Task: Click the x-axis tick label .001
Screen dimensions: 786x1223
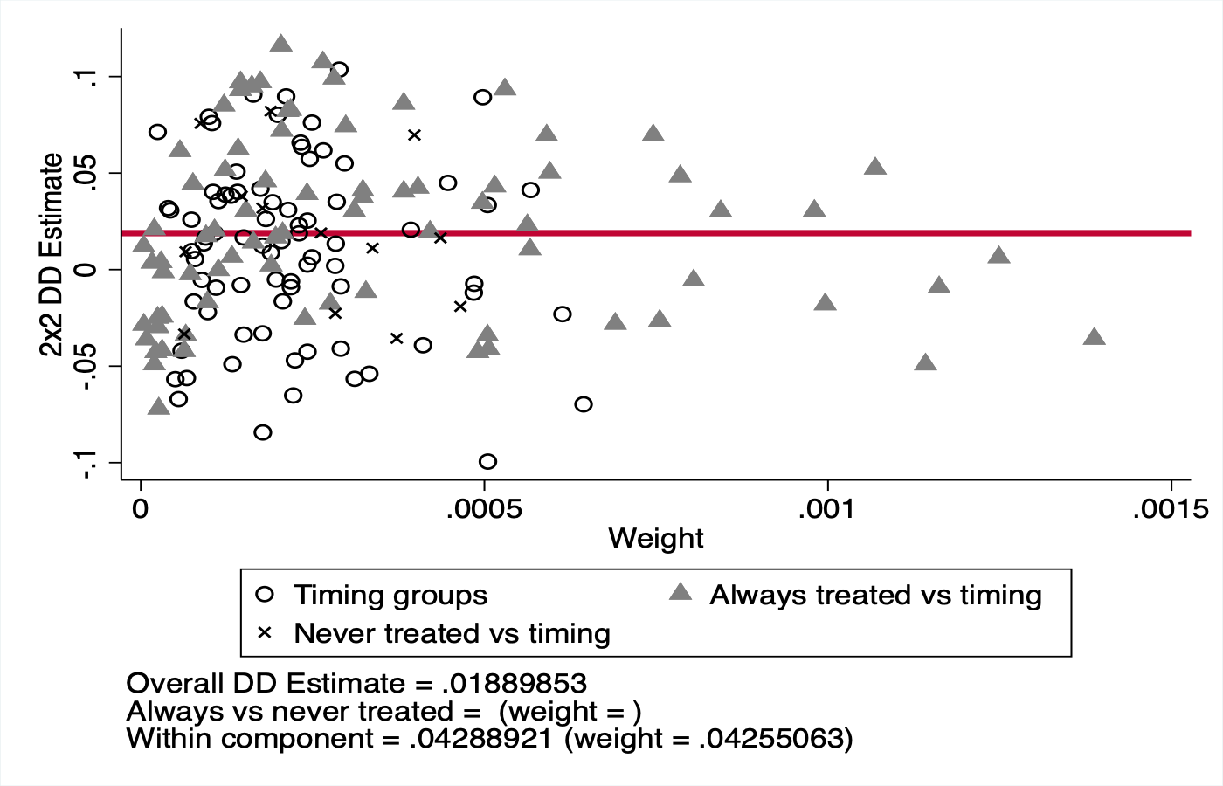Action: pos(826,509)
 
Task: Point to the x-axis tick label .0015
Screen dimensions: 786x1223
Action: pos(1170,509)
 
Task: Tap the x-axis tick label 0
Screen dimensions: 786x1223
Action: pos(140,509)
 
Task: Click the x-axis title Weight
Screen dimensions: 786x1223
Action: pos(655,539)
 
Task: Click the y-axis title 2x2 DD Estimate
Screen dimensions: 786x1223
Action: pos(52,255)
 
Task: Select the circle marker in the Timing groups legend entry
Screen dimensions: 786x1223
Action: pos(265,595)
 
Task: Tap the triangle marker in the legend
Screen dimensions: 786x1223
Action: pos(681,593)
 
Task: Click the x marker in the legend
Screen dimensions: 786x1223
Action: pos(265,632)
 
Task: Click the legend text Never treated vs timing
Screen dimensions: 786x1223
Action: pos(452,633)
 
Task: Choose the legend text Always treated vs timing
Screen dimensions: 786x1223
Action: pos(875,595)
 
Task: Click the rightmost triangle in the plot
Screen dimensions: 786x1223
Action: pos(1094,337)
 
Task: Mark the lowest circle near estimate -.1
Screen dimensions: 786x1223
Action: pos(487,461)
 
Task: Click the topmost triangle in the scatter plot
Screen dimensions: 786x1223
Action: pos(280,44)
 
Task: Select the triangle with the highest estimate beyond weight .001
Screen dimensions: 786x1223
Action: pos(875,167)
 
